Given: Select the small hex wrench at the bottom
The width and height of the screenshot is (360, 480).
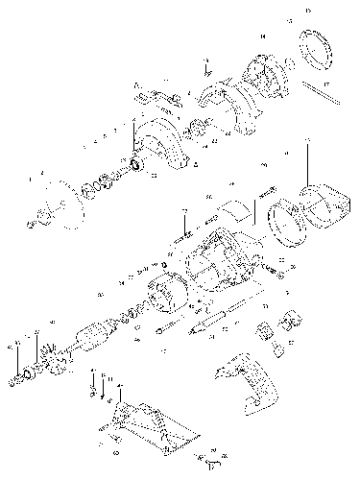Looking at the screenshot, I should (210, 462).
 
